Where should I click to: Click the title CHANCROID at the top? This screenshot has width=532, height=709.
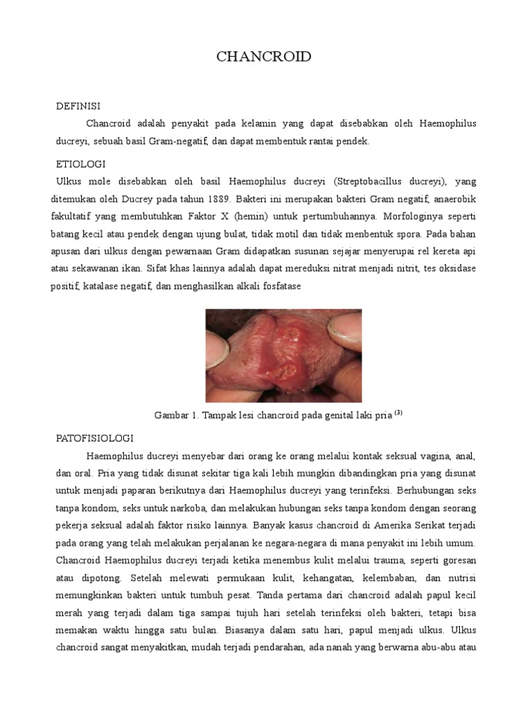point(263,57)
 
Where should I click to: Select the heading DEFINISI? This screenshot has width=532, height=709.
point(78,106)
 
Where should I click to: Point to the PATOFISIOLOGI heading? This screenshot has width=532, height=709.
point(94,439)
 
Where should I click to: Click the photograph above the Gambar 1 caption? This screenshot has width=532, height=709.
point(283,355)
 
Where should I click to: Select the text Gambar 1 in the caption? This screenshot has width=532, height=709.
point(175,415)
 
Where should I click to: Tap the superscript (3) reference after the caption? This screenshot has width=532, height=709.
point(399,413)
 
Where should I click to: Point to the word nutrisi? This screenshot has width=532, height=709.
point(459,577)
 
